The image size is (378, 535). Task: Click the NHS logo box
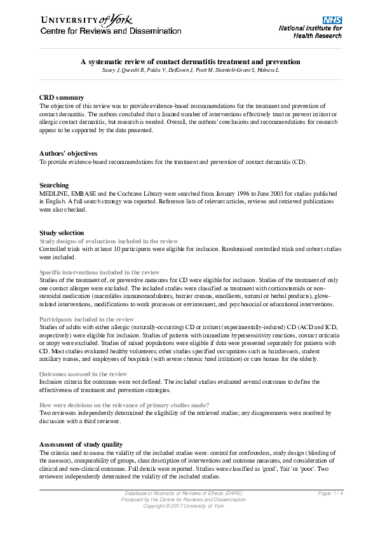click(x=332, y=21)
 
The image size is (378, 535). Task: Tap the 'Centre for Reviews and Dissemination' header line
click(x=111, y=31)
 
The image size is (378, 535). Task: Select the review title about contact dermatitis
click(x=190, y=62)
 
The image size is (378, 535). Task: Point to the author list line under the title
click(x=190, y=69)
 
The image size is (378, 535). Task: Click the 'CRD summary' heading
click(x=62, y=97)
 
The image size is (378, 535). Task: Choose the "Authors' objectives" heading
click(x=68, y=153)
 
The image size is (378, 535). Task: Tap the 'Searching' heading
click(x=54, y=185)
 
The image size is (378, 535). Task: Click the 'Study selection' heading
click(x=62, y=233)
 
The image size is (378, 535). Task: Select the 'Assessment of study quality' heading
click(x=81, y=444)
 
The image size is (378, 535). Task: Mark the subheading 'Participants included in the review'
click(x=86, y=319)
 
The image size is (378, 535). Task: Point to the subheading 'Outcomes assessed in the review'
click(x=83, y=374)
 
